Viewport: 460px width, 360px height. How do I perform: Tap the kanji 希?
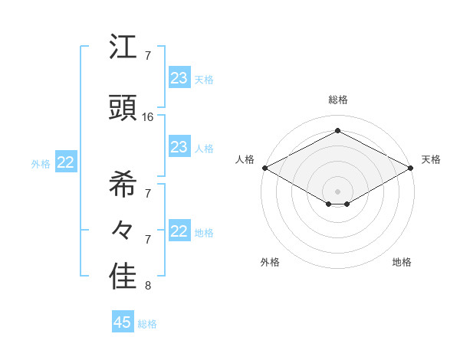click(x=123, y=184)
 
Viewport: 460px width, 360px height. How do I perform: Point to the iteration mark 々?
click(x=123, y=228)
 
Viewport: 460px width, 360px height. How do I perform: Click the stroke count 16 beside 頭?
click(x=148, y=117)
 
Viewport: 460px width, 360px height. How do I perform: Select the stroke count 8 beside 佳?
click(x=148, y=286)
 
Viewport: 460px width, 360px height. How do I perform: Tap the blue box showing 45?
click(x=123, y=322)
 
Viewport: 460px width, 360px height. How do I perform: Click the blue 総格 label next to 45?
click(x=147, y=324)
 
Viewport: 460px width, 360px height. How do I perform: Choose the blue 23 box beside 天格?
click(x=179, y=77)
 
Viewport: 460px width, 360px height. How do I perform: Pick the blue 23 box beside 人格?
click(x=179, y=147)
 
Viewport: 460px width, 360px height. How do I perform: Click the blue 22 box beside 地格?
click(x=179, y=231)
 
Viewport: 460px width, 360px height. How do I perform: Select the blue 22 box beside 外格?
click(x=66, y=162)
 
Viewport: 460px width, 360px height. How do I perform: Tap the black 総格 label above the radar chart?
click(x=337, y=100)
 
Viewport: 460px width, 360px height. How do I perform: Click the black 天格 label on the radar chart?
click(x=431, y=159)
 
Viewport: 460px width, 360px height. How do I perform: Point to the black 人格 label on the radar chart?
click(x=245, y=159)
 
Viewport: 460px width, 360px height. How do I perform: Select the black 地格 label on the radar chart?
click(x=402, y=262)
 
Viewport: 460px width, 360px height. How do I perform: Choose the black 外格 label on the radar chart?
click(x=270, y=262)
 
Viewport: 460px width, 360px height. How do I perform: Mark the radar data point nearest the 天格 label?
click(x=411, y=167)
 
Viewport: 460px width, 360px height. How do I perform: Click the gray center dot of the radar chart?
click(x=337, y=191)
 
